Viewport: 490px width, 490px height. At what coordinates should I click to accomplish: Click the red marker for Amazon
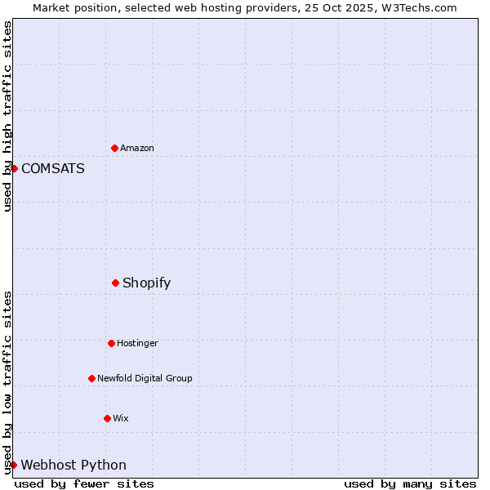[114, 148]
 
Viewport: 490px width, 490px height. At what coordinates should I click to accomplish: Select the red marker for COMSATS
[14, 168]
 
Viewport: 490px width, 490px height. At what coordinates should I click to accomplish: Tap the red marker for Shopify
[115, 283]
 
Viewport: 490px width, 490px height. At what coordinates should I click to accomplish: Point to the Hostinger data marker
[111, 343]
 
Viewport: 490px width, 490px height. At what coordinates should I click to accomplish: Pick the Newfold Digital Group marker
[91, 378]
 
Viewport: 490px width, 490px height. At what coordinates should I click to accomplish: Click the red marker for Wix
[107, 418]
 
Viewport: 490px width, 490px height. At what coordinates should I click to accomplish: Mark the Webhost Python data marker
[13, 465]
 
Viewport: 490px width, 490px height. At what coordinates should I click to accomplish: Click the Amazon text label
[137, 148]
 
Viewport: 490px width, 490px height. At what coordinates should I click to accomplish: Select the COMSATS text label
[53, 169]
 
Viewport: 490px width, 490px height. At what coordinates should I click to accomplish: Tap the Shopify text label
[147, 283]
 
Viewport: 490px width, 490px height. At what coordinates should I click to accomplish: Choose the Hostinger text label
[137, 343]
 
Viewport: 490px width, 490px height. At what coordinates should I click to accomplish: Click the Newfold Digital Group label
[145, 378]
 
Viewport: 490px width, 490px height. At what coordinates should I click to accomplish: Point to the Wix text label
[121, 418]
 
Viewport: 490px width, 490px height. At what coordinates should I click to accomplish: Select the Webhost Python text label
[73, 465]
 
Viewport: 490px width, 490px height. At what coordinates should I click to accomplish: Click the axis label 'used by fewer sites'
[84, 483]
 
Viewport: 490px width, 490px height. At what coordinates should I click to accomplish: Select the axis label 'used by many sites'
[410, 483]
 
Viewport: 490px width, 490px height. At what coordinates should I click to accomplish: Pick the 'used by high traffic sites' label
[7, 116]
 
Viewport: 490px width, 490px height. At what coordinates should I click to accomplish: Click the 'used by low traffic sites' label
[7, 382]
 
